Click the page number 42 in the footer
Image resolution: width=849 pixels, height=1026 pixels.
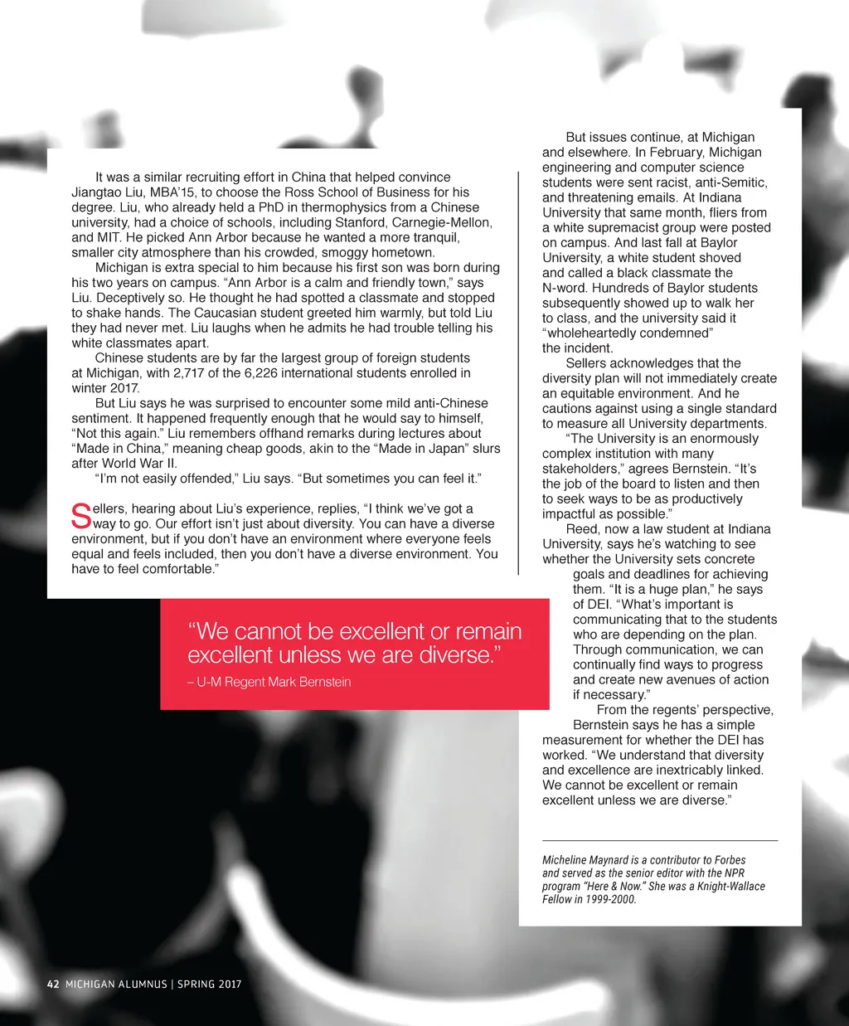coord(53,984)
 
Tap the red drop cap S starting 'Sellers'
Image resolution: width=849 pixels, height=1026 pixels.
coord(80,516)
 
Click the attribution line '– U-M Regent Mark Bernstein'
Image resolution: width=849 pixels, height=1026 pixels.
coord(269,682)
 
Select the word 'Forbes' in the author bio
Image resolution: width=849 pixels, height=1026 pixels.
coord(729,860)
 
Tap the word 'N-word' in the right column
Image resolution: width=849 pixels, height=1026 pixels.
coord(565,288)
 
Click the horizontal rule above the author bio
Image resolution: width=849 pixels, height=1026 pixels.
coord(660,841)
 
